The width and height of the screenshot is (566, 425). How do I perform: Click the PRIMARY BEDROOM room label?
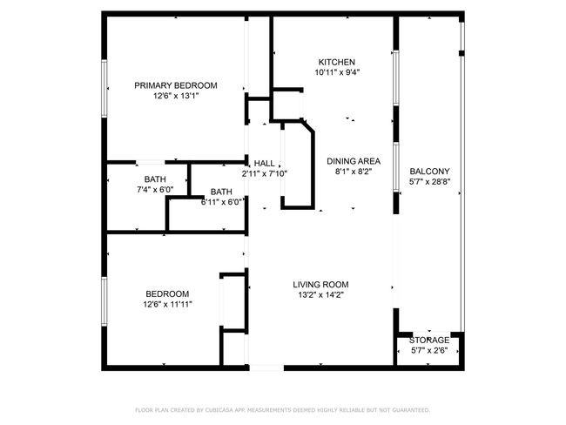[176, 85]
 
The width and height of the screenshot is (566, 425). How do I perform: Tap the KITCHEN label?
[337, 62]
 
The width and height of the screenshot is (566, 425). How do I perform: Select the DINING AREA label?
[354, 161]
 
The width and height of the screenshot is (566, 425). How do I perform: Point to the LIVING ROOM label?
[320, 285]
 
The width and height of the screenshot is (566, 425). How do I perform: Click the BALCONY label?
[429, 172]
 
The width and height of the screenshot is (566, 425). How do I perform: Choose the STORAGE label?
[429, 341]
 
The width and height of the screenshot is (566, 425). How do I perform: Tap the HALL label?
[264, 163]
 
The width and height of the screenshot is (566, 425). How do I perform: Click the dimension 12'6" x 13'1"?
[176, 96]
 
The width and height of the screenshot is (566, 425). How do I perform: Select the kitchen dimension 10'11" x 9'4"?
[337, 72]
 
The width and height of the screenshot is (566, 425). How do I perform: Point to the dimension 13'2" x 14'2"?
[320, 295]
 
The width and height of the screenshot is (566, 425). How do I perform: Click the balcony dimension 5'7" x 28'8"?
[429, 182]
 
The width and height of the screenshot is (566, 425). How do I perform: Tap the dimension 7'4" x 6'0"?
[155, 190]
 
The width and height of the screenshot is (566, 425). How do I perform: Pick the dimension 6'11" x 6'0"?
[221, 202]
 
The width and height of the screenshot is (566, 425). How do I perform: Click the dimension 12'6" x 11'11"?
[167, 305]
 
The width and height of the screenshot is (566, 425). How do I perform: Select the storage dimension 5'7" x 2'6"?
[429, 350]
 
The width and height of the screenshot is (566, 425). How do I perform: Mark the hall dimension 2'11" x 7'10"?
[265, 173]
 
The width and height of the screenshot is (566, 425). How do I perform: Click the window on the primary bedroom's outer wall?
[104, 89]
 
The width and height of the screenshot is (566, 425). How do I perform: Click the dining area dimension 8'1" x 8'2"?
[354, 172]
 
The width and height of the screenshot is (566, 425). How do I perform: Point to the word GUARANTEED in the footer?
[411, 410]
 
